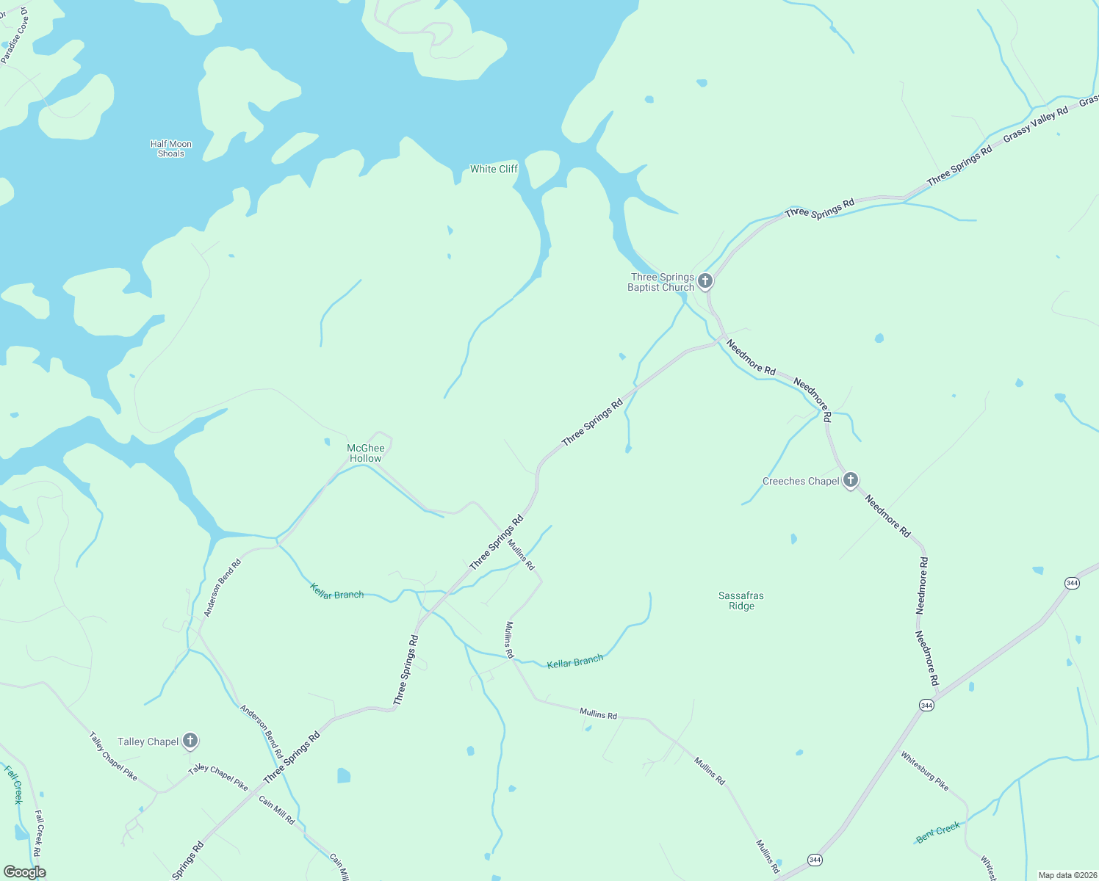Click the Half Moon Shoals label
click(170, 149)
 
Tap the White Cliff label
click(494, 169)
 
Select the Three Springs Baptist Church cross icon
click(705, 280)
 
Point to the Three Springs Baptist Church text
click(661, 282)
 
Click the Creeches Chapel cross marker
click(851, 481)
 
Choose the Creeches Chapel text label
click(801, 482)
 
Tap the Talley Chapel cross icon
click(190, 741)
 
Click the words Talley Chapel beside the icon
click(148, 742)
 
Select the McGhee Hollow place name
click(366, 453)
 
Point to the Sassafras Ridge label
click(741, 601)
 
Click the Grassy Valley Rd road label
click(1036, 125)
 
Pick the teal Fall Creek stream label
click(14, 783)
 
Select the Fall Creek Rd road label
click(38, 833)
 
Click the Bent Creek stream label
click(938, 832)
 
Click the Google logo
click(25, 872)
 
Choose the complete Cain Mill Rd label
click(277, 809)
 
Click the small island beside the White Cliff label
click(542, 169)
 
